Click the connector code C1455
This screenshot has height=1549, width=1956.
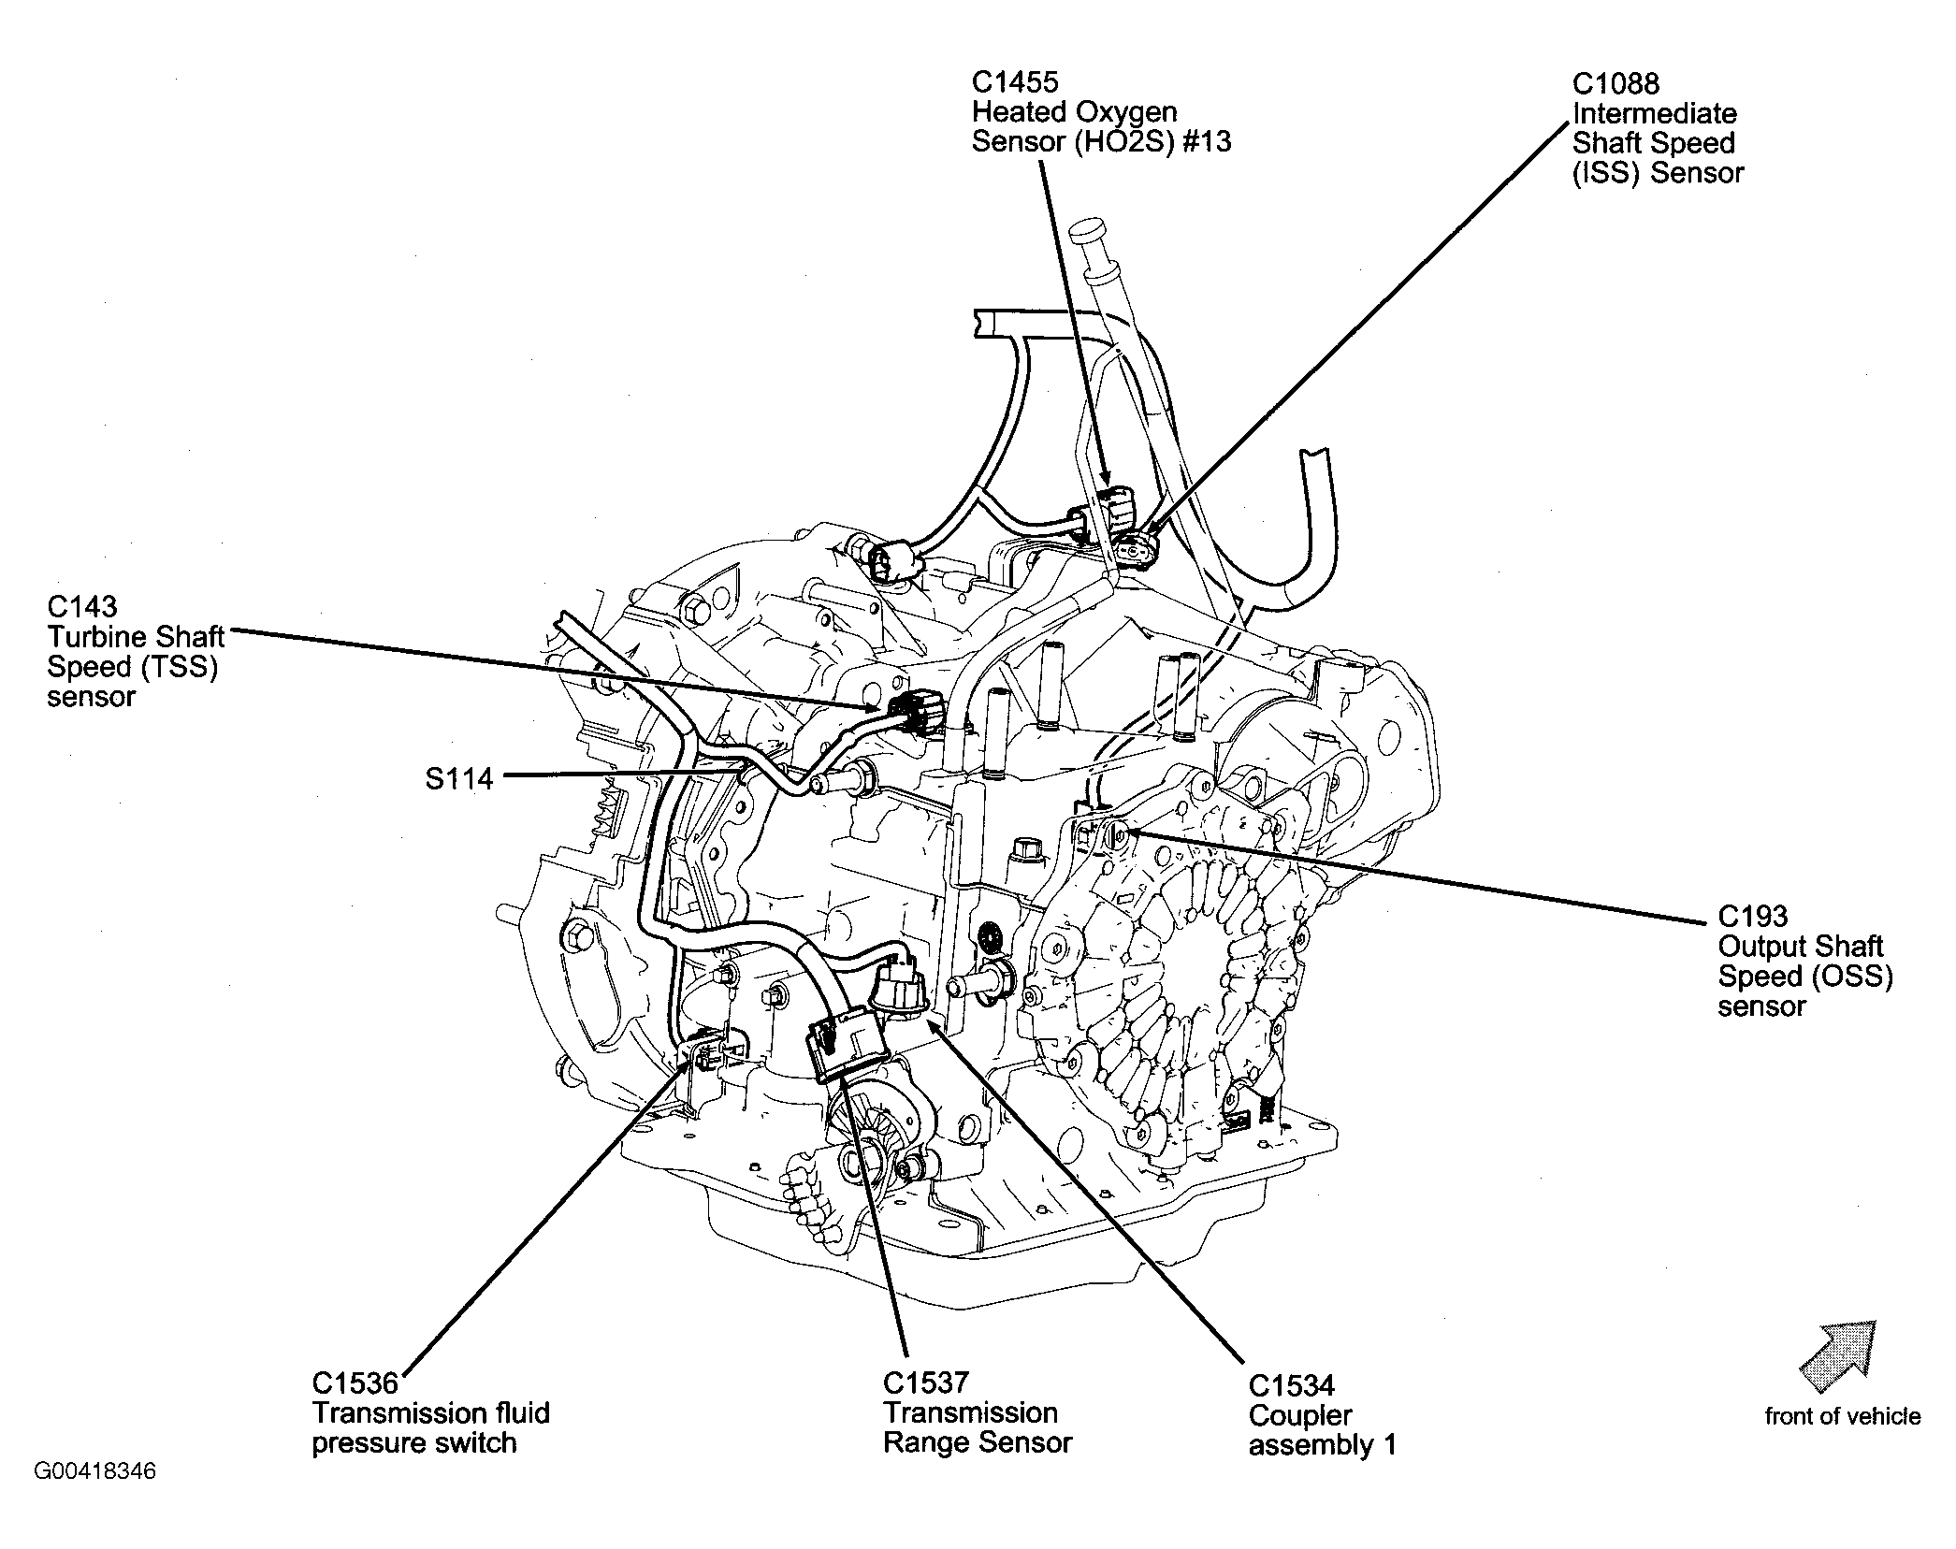coord(1014,82)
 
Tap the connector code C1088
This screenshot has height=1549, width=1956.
coord(1616,83)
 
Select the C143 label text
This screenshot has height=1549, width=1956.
coord(82,607)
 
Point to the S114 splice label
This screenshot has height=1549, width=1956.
coord(458,778)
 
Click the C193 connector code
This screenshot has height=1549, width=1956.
coord(1752,916)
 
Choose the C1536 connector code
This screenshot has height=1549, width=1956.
coord(355,1383)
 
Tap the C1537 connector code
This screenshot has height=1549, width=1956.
coord(925,1383)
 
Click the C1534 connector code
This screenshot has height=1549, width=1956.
coord(1291,1385)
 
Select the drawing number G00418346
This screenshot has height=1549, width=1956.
coord(95,1471)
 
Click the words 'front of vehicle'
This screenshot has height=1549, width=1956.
coord(1842,1416)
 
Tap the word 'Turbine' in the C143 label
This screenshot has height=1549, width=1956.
coord(101,637)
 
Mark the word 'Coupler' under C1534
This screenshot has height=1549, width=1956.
coord(1299,1415)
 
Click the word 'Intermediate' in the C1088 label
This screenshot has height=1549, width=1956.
coord(1654,113)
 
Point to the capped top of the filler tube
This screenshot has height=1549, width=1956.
coord(1089,230)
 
